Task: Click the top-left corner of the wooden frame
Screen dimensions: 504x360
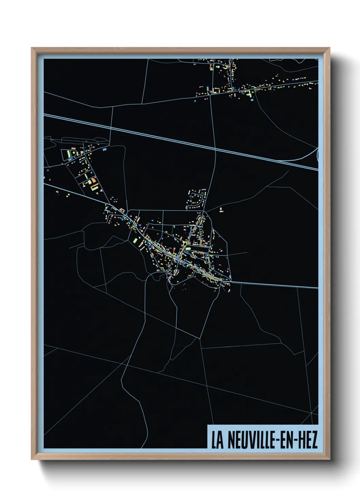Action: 32,48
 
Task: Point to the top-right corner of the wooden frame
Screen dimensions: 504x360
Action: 329,48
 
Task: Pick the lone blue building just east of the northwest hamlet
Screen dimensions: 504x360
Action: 104,149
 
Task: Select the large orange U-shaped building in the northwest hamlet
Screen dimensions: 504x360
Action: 95,187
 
